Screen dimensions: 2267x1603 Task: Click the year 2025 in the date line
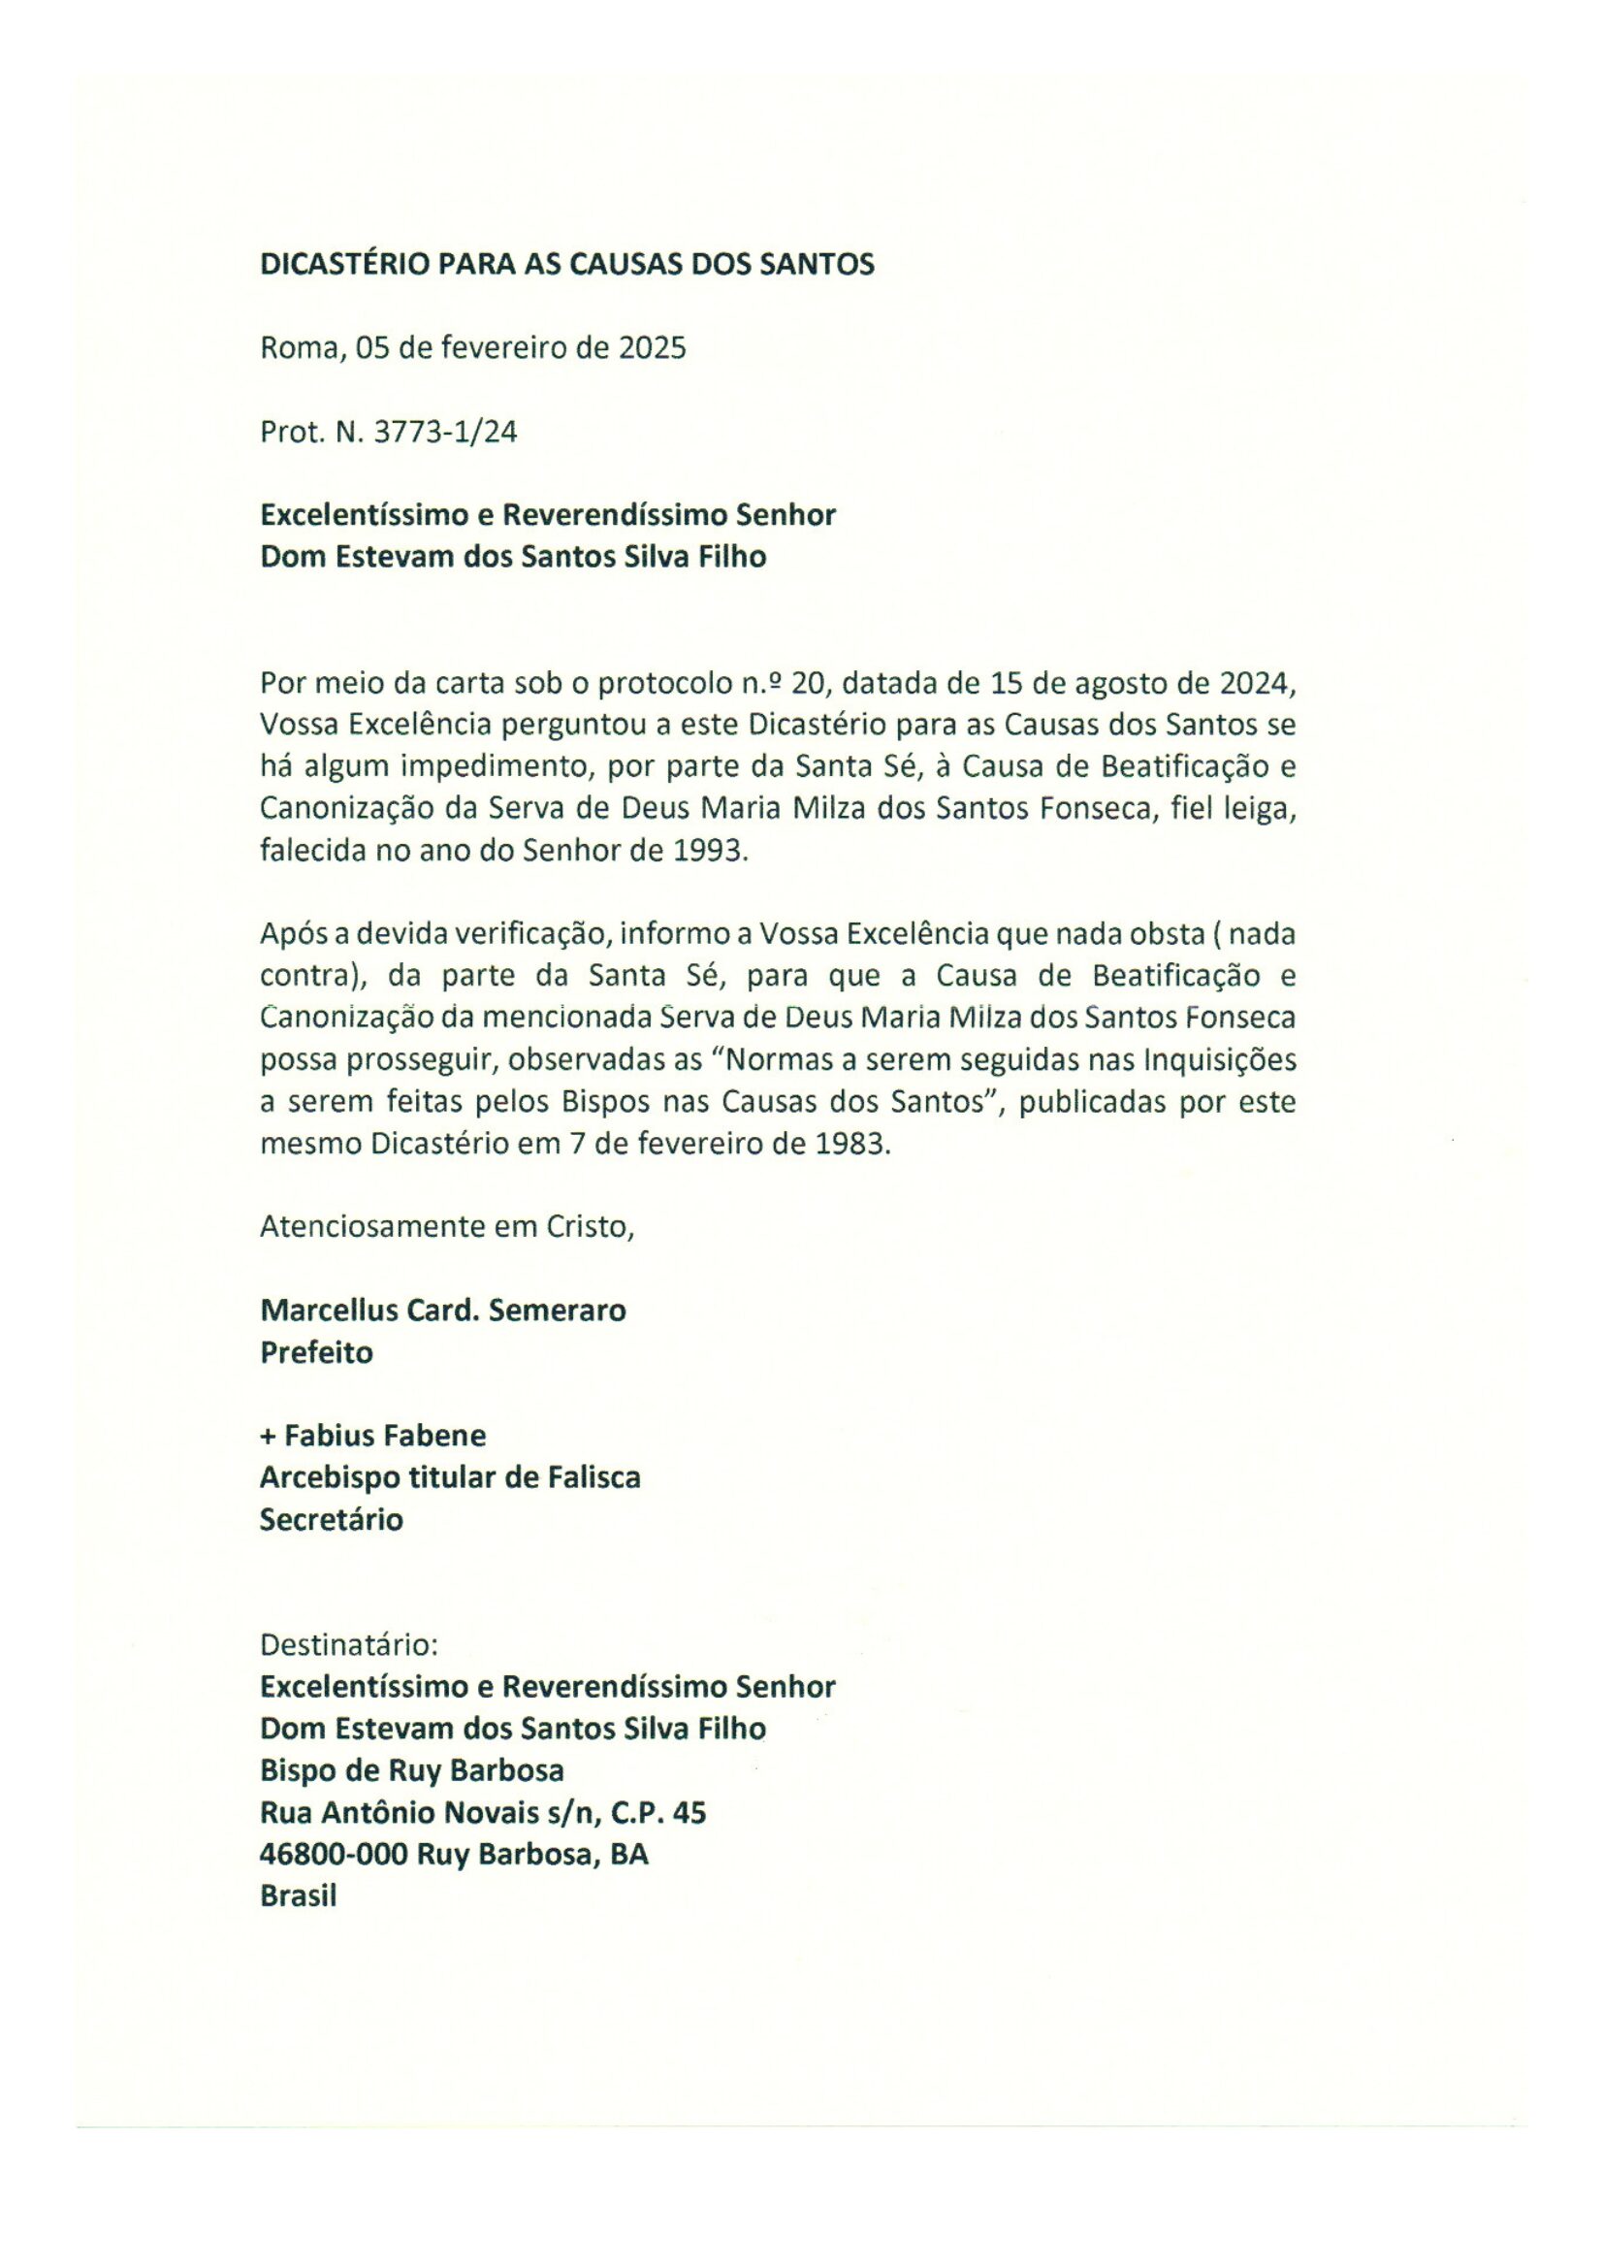(652, 348)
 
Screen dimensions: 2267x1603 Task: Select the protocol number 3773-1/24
(445, 433)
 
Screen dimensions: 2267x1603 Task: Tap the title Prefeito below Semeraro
(317, 1352)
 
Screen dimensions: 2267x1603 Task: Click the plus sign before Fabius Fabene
(268, 1436)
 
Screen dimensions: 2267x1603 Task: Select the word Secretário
(332, 1518)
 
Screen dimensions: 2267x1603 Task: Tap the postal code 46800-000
(334, 1855)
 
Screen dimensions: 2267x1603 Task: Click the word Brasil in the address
(298, 1896)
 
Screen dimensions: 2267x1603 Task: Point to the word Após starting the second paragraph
(291, 934)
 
